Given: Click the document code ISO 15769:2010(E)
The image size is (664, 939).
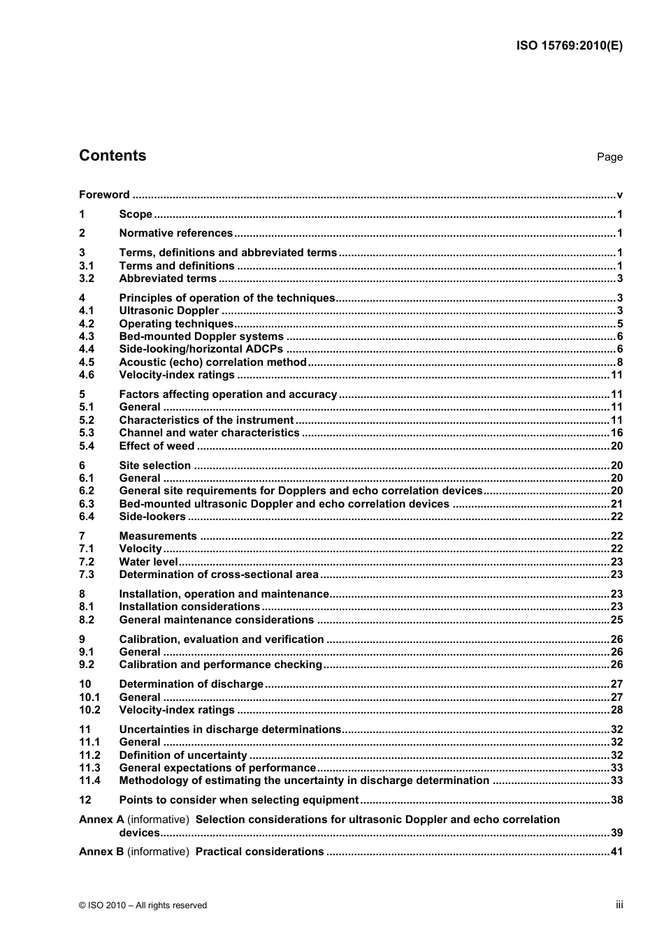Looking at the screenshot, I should pyautogui.click(x=569, y=46).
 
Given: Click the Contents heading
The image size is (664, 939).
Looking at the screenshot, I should pyautogui.click(x=113, y=156).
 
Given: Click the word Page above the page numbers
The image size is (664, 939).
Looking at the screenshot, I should pyautogui.click(x=609, y=157).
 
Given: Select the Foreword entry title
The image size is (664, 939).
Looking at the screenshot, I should pyautogui.click(x=104, y=195).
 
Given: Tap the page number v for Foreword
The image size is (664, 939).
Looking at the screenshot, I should pyautogui.click(x=619, y=195).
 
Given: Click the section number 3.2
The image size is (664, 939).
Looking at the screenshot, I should pyautogui.click(x=87, y=279).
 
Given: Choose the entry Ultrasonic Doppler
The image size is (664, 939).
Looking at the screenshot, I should pyautogui.click(x=168, y=311).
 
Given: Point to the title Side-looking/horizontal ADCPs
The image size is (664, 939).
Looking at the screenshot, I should pyautogui.click(x=201, y=349).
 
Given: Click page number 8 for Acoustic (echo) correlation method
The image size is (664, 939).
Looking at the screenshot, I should pyautogui.click(x=619, y=362).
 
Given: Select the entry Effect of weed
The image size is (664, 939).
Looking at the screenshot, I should pyautogui.click(x=157, y=446).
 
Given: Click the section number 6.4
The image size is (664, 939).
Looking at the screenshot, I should pyautogui.click(x=87, y=517).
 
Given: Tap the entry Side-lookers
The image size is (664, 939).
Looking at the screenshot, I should pyautogui.click(x=152, y=517).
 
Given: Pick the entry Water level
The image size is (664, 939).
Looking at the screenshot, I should pyautogui.click(x=148, y=562).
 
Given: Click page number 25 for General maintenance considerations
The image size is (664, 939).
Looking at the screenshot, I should pyautogui.click(x=616, y=620).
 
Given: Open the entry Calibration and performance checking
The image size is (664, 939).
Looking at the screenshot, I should pyautogui.click(x=220, y=665).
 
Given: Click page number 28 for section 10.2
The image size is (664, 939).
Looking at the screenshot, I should pyautogui.click(x=616, y=710).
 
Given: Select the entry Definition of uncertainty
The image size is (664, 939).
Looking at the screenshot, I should pyautogui.click(x=183, y=755).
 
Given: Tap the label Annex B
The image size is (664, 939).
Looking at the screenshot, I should pyautogui.click(x=101, y=852).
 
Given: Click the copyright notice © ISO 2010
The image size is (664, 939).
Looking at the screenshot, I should pyautogui.click(x=143, y=905).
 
